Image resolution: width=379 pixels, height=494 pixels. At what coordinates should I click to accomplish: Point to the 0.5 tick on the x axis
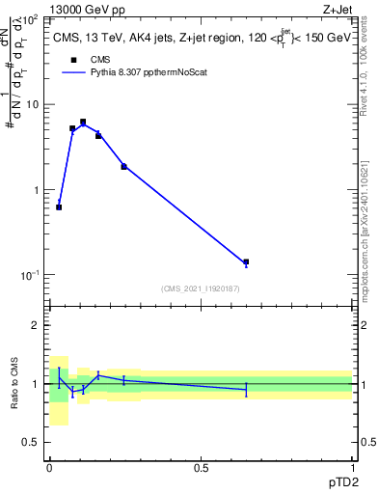[x=201, y=466]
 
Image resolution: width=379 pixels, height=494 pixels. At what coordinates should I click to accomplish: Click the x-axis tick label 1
[x=352, y=466]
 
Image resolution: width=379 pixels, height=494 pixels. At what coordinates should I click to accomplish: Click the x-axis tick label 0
[x=49, y=466]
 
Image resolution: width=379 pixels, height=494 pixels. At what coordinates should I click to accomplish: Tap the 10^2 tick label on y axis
[x=32, y=19]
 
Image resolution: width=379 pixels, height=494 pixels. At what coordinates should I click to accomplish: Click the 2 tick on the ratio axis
[x=36, y=325]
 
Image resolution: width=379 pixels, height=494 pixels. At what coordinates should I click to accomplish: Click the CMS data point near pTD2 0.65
[x=246, y=261]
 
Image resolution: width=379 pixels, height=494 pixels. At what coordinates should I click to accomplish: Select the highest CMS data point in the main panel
[x=83, y=122]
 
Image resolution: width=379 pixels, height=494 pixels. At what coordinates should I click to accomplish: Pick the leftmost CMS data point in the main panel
[x=59, y=206]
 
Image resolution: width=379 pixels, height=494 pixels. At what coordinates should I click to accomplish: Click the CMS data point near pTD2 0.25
[x=124, y=166]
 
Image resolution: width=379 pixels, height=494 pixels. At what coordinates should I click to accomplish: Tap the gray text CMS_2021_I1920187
[x=200, y=288]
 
